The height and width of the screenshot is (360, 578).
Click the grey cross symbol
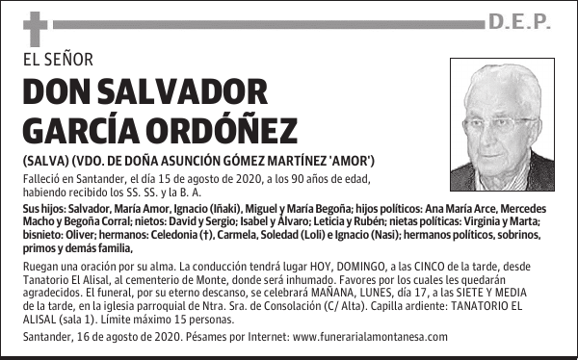(x=35, y=29)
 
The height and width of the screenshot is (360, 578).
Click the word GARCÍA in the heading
(x=79, y=129)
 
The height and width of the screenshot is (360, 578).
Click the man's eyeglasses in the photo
(x=501, y=122)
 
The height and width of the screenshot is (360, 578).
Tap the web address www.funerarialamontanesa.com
(x=369, y=337)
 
